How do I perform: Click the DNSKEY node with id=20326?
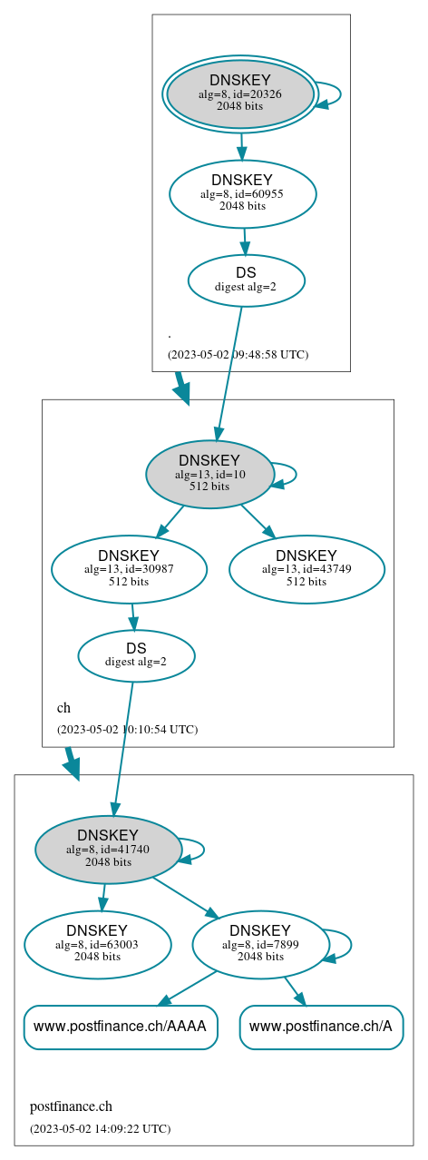[240, 93]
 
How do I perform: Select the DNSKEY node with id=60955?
[242, 193]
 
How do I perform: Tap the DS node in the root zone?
[246, 280]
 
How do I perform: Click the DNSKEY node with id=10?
[209, 474]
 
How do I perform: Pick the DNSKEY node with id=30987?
[129, 569]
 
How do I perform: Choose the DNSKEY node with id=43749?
[306, 569]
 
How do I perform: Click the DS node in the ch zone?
[136, 655]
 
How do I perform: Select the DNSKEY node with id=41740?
[108, 850]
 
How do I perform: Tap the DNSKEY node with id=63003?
[97, 945]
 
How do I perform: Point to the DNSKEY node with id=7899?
[260, 945]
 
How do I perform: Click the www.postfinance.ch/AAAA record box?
[121, 1027]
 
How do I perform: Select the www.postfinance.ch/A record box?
[321, 1027]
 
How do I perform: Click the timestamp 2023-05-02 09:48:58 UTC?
[238, 354]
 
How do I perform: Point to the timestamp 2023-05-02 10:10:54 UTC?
[127, 729]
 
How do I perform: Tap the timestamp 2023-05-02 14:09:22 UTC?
[100, 1128]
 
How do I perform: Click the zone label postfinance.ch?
[71, 1106]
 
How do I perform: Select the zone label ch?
[63, 708]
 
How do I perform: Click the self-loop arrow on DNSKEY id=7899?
[349, 945]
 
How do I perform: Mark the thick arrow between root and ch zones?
[181, 388]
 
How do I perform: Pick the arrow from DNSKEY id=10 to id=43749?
[258, 521]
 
